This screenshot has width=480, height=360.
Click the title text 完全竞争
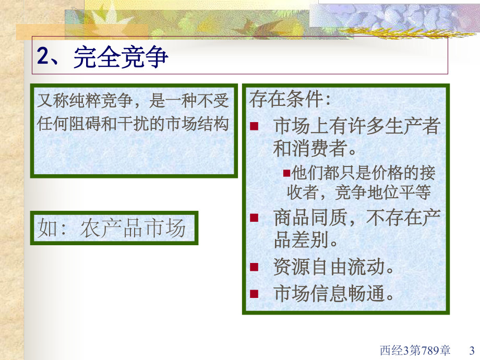tap(121, 57)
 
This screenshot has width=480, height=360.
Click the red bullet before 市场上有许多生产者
tap(254, 126)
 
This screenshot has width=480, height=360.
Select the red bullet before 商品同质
tap(254, 218)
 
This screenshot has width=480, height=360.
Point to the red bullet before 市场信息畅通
tap(254, 294)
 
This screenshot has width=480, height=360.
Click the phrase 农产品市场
tap(133, 229)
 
